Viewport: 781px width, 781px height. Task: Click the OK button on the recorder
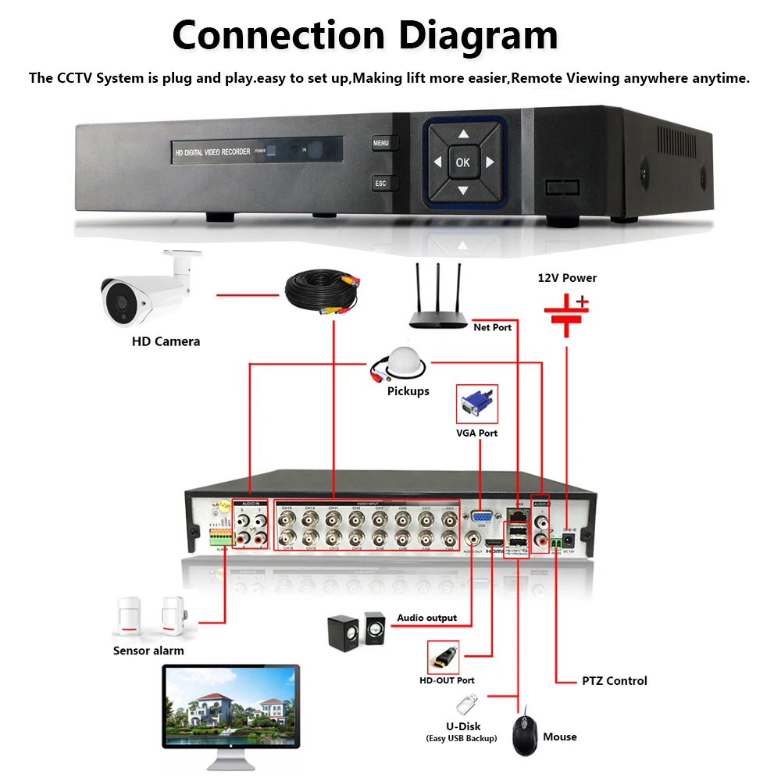pos(462,162)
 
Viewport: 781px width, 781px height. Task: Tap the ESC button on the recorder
pos(380,184)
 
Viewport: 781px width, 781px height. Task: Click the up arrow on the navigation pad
pos(462,134)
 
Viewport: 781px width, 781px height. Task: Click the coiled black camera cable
pos(321,292)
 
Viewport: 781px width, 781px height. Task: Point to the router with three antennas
pos(437,305)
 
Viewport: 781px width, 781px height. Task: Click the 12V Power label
pos(567,278)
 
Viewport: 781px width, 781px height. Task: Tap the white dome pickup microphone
pos(405,362)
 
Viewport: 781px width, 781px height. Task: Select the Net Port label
pos(492,327)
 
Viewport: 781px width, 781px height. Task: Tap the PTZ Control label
pos(615,681)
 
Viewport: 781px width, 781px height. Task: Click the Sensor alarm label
pos(148,651)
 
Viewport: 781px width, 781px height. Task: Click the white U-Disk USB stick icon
pos(465,706)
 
